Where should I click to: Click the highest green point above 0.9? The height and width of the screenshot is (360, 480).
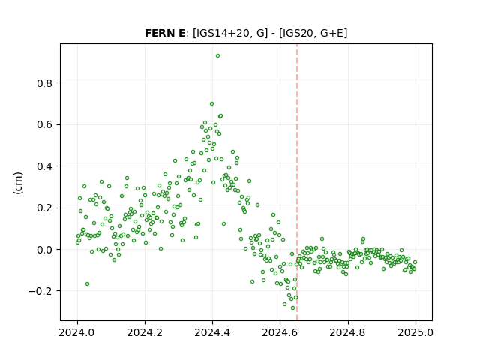(x=217, y=56)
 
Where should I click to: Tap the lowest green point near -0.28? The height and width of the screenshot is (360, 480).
(x=292, y=308)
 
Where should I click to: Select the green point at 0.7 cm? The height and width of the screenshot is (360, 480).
(x=211, y=104)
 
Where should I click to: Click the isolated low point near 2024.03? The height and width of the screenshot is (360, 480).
(x=87, y=284)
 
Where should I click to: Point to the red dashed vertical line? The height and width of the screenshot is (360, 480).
(x=297, y=182)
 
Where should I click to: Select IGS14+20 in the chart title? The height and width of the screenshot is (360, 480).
(x=222, y=33)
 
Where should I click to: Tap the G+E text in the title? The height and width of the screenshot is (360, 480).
(x=331, y=33)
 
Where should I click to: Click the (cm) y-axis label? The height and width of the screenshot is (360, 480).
(x=18, y=183)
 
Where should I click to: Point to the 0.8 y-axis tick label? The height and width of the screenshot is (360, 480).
(x=45, y=83)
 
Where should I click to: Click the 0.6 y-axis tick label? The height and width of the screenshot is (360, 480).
(x=45, y=125)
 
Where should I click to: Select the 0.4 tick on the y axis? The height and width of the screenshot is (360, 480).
(x=45, y=166)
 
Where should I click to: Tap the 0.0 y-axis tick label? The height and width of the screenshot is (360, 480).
(x=45, y=250)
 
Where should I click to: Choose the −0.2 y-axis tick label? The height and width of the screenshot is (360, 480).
(x=41, y=291)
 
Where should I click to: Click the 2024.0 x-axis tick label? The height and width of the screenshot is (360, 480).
(x=77, y=332)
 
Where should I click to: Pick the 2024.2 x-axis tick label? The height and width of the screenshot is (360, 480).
(x=145, y=332)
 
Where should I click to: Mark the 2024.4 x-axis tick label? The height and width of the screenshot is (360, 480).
(x=212, y=332)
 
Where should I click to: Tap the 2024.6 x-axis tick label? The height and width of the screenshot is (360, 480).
(x=280, y=332)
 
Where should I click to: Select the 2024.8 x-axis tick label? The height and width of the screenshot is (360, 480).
(x=348, y=332)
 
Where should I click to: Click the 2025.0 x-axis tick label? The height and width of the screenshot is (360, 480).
(x=415, y=332)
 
